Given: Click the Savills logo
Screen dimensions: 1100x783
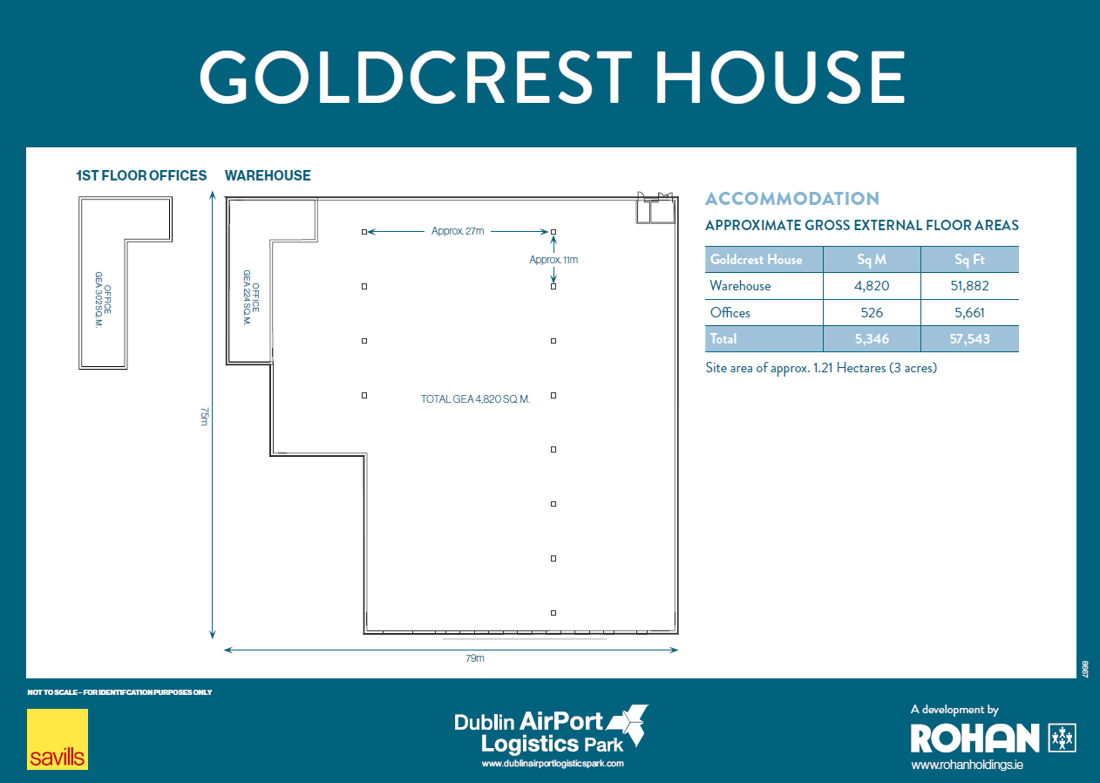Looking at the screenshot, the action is tap(58, 739).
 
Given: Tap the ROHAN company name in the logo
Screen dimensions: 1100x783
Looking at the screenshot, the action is tap(974, 739).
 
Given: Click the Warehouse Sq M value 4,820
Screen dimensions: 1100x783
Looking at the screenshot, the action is tap(872, 286).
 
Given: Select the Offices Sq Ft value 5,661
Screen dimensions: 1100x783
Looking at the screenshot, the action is tap(969, 313).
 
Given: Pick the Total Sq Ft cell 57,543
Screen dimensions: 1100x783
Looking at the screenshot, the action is tap(969, 339).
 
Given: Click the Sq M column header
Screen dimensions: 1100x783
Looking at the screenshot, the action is tap(872, 259).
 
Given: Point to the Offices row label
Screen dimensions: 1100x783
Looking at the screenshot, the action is tap(730, 313).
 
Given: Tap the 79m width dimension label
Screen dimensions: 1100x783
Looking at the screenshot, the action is tap(475, 658).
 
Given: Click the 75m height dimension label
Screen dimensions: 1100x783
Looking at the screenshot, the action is tap(204, 416).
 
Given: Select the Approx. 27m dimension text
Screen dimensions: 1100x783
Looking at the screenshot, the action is tap(458, 231).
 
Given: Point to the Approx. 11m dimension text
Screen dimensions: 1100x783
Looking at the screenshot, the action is tap(553, 259).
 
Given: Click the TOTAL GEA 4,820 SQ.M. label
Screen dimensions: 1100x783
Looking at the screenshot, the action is tap(475, 398).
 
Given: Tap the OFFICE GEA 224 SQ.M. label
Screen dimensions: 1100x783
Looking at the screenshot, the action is tap(251, 297).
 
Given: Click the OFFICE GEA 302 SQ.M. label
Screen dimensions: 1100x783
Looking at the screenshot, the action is tap(103, 300).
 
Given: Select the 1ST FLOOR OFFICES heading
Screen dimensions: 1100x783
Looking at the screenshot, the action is tap(141, 175).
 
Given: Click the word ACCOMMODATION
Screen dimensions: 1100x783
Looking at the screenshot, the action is tap(792, 199).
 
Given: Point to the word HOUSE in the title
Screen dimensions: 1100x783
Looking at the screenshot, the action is tap(780, 77).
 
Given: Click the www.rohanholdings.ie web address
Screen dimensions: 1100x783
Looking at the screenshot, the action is tap(967, 765).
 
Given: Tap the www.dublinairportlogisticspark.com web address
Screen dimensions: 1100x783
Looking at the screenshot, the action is tap(553, 763).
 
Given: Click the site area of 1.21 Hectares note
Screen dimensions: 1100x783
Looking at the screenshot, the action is tap(821, 368).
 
